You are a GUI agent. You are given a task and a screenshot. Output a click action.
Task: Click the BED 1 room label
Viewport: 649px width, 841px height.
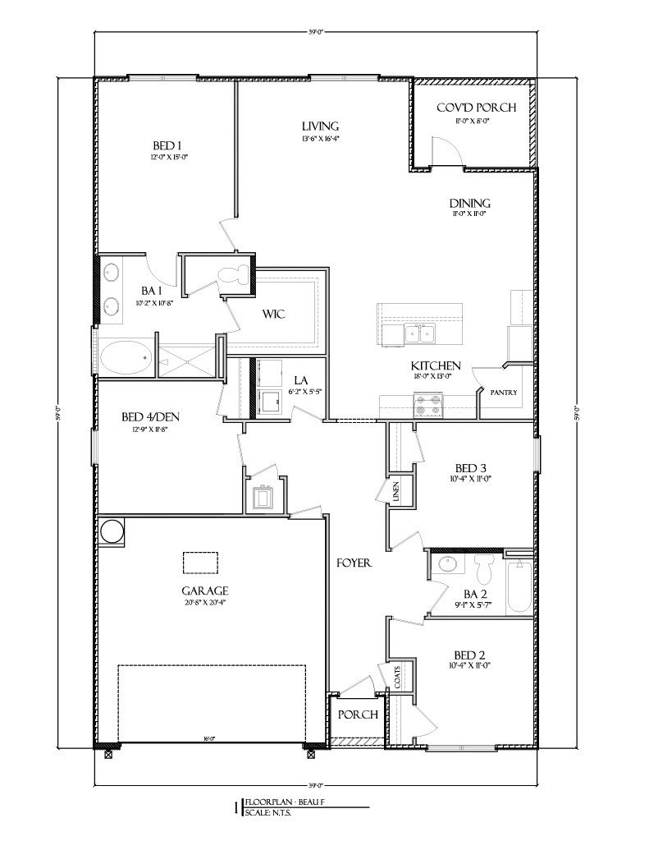click(166, 146)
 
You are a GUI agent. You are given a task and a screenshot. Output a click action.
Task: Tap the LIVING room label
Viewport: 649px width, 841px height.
click(319, 126)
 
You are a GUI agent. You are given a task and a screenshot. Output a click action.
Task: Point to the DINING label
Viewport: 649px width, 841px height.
click(469, 204)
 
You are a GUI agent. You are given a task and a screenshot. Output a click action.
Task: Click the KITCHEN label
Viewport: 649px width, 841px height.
click(436, 365)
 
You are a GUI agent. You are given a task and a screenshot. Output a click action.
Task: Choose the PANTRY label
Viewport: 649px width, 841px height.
click(504, 393)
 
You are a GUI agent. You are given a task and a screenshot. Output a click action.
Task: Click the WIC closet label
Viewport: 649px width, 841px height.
click(273, 315)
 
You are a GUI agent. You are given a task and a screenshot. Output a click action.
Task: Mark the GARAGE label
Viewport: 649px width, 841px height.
click(205, 590)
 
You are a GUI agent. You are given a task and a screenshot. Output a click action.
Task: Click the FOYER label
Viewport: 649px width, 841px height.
click(355, 563)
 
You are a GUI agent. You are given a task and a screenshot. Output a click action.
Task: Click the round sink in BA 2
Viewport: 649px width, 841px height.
click(447, 564)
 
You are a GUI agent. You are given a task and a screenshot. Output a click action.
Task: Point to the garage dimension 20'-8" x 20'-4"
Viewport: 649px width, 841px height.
click(205, 603)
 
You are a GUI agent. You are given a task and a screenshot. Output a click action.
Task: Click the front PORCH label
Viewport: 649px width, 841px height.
click(358, 715)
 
